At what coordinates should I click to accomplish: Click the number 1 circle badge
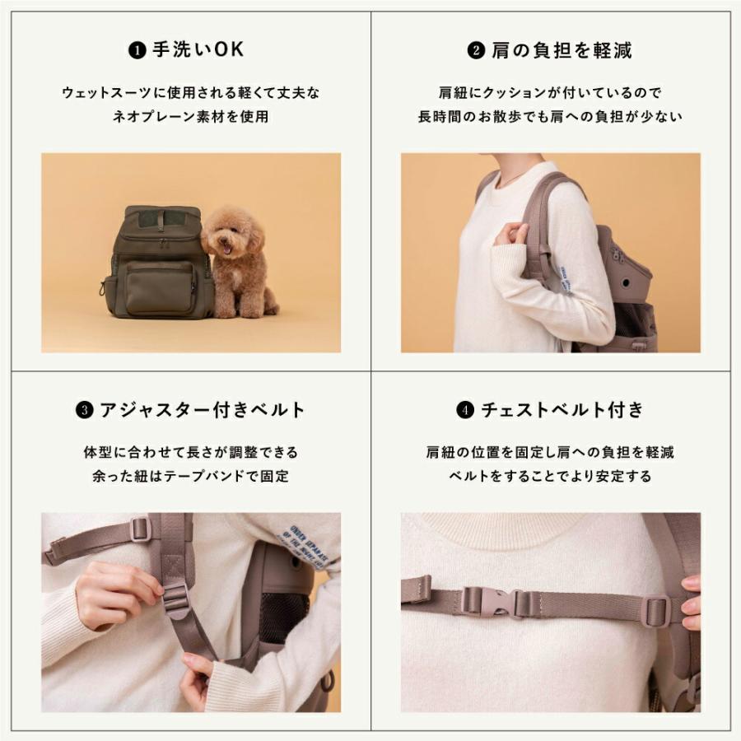click(137, 51)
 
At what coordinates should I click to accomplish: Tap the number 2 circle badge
click(476, 51)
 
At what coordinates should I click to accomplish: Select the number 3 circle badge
click(84, 410)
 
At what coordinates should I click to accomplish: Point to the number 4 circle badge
click(464, 410)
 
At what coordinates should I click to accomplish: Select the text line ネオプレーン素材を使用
click(191, 117)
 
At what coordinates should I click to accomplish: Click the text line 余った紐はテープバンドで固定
click(191, 476)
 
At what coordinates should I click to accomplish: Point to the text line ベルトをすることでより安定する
click(550, 476)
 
